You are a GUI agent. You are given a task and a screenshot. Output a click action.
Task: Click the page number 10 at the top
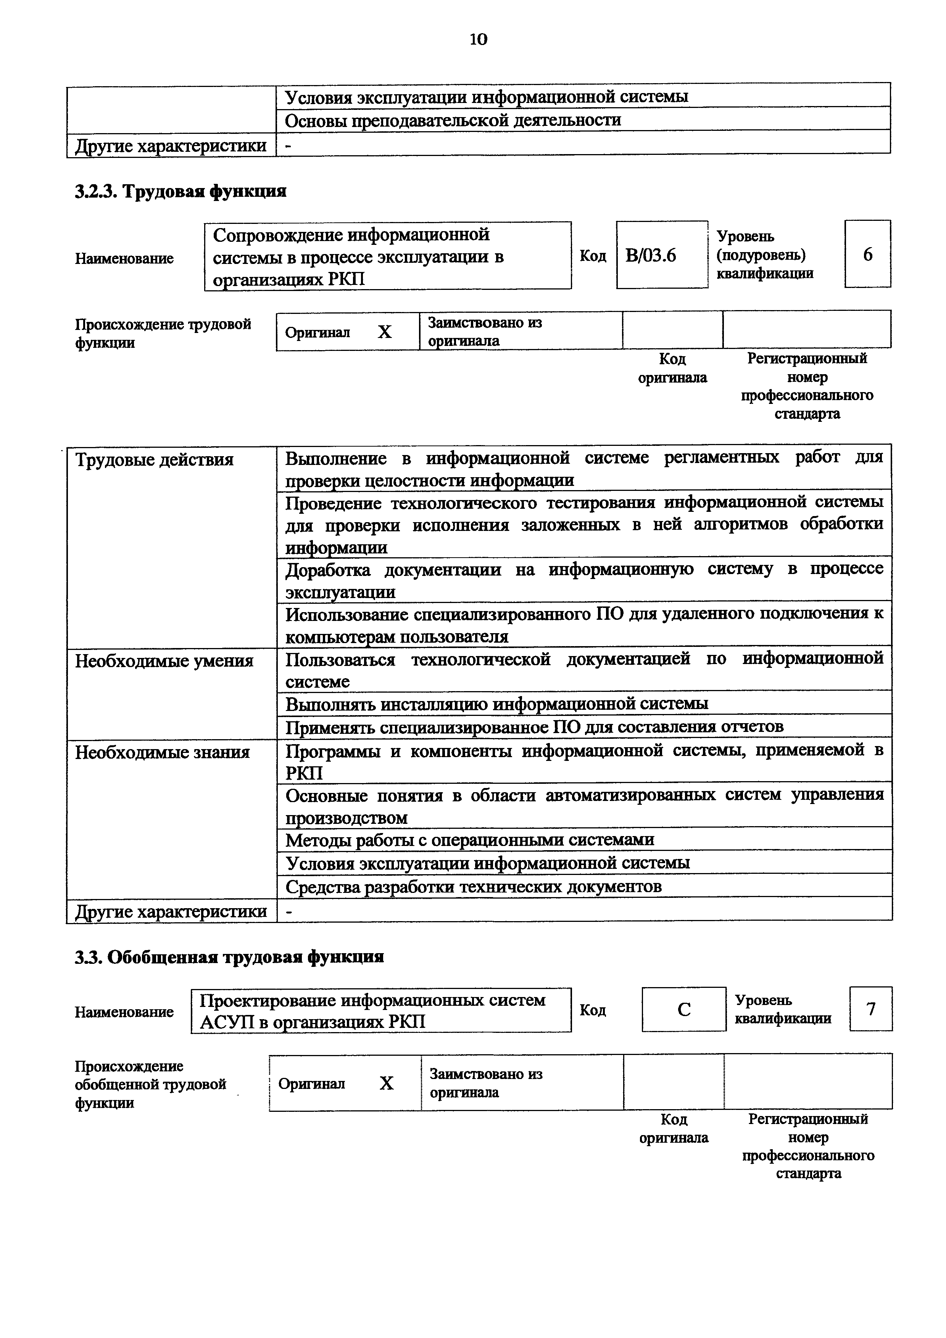[x=478, y=40]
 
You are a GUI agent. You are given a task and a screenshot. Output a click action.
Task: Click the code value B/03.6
[x=651, y=255]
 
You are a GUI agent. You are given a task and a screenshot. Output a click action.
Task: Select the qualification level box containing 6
[x=867, y=254]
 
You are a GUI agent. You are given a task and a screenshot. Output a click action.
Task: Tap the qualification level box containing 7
[x=871, y=1009]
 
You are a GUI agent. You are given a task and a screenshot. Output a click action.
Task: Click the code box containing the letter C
[x=684, y=1009]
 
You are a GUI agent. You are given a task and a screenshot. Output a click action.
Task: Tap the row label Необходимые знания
[x=162, y=752]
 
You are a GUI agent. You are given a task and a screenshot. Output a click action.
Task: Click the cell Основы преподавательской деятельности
[x=453, y=120]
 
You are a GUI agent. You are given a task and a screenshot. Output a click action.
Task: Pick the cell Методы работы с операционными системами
[x=469, y=840]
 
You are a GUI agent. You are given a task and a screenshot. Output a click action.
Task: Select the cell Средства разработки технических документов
[x=473, y=886]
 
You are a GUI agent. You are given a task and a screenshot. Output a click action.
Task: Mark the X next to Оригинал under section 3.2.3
[x=385, y=332]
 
